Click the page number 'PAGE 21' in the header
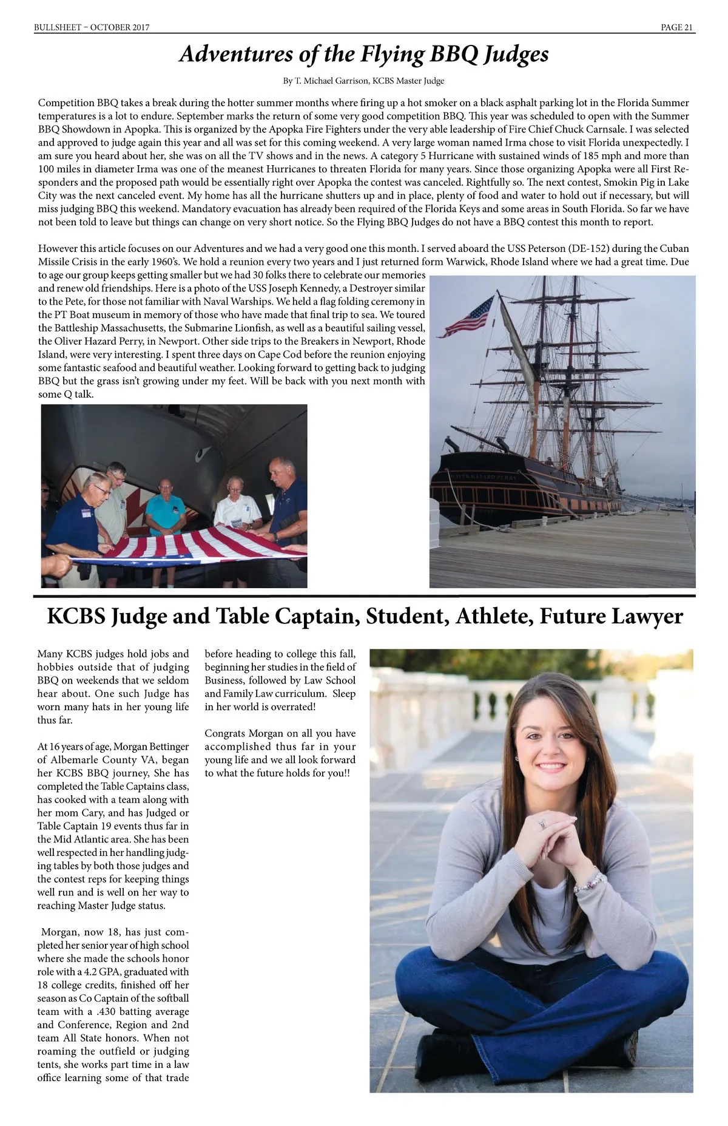pyautogui.click(x=677, y=27)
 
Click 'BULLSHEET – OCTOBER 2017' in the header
pyautogui.click(x=92, y=27)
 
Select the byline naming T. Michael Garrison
pyautogui.click(x=363, y=81)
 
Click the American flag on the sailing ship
pyautogui.click(x=467, y=316)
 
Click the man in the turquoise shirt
pyautogui.click(x=165, y=507)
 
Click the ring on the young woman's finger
pyautogui.click(x=542, y=824)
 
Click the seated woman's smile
pyautogui.click(x=551, y=767)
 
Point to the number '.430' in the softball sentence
pyautogui.click(x=98, y=1011)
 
